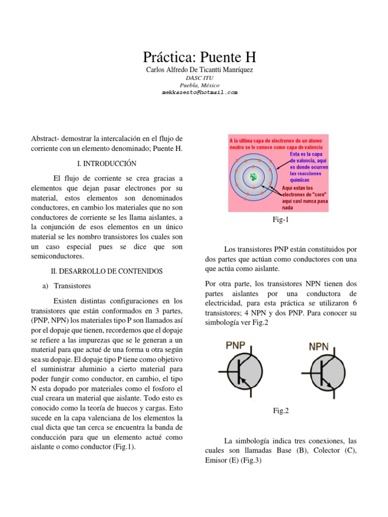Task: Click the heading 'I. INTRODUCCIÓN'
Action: (x=107, y=164)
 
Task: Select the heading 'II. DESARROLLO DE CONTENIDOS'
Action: (x=107, y=271)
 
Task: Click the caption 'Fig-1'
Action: (x=280, y=220)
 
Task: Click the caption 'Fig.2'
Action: (x=280, y=411)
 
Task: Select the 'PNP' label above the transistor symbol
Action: (x=235, y=346)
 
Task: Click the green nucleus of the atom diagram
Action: (x=253, y=176)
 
